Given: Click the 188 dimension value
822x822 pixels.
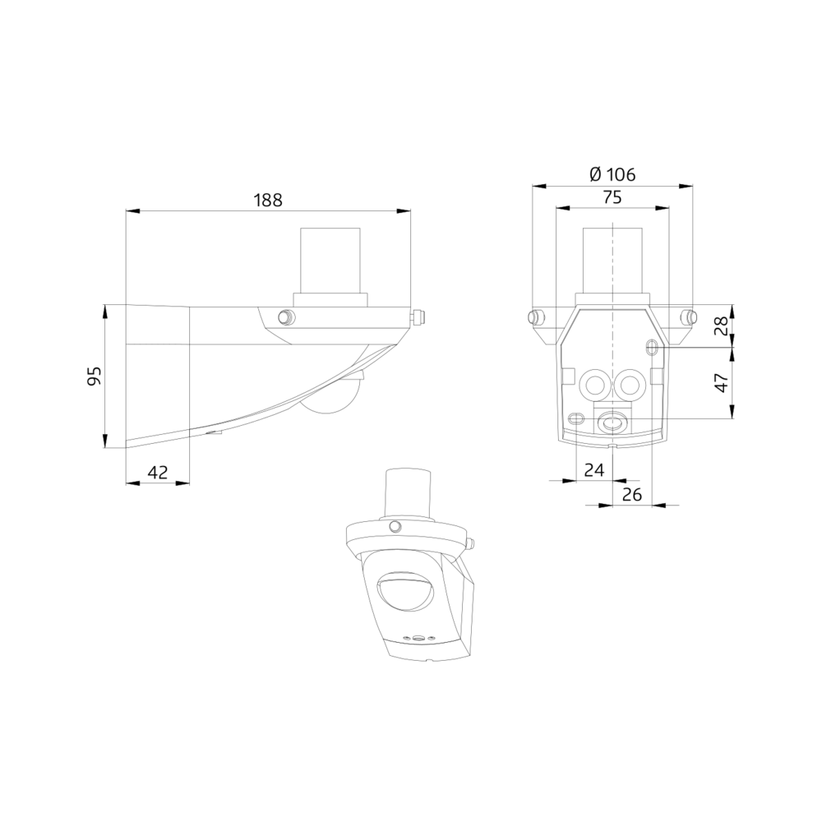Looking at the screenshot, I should coord(268,199).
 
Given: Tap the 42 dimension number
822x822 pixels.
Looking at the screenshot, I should coord(157,472).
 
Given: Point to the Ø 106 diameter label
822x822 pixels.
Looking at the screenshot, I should coord(612,174).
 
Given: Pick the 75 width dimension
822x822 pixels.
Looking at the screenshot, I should coord(612,196).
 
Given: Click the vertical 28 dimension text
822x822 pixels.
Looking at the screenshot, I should coord(720,326).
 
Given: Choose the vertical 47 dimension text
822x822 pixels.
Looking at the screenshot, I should coord(720,382).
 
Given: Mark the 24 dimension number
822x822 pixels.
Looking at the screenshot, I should coord(593,469).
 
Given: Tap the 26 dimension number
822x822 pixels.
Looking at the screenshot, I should coord(632,493).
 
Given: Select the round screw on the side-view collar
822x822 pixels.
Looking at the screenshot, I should coord(285,316).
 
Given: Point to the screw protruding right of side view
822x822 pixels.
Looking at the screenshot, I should coord(418,316).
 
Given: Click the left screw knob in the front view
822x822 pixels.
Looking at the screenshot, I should coord(535,317).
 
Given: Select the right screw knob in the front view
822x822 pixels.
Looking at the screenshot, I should coord(689,317).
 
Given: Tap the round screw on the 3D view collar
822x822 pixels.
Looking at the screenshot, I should coord(395,525).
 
